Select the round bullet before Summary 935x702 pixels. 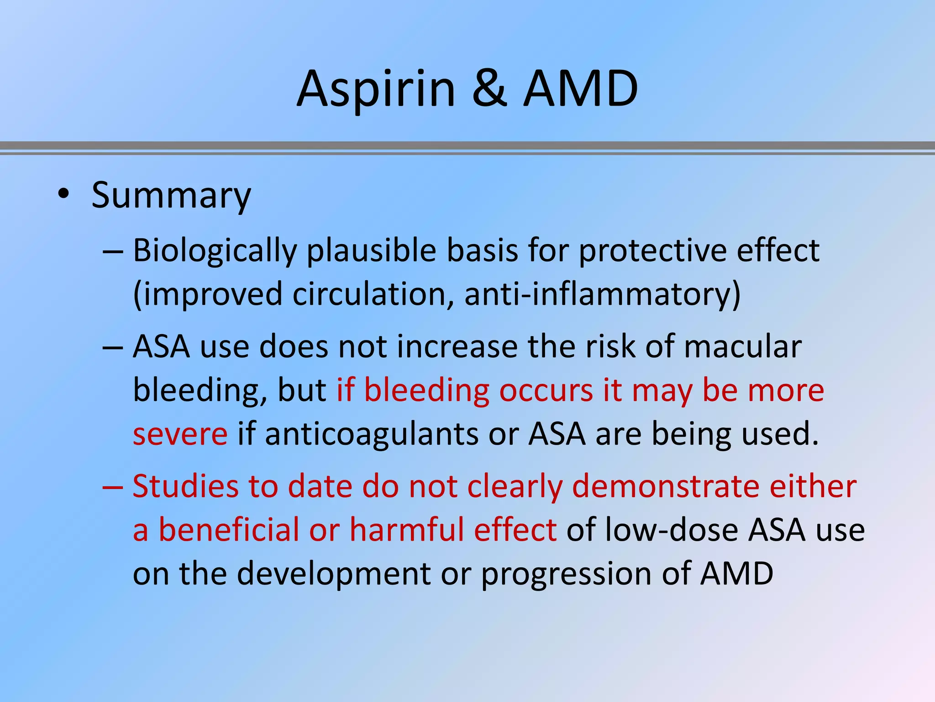(63, 196)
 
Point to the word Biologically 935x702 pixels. (215, 251)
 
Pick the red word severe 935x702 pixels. (180, 434)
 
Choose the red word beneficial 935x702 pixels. (228, 530)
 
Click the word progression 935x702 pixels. (566, 574)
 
